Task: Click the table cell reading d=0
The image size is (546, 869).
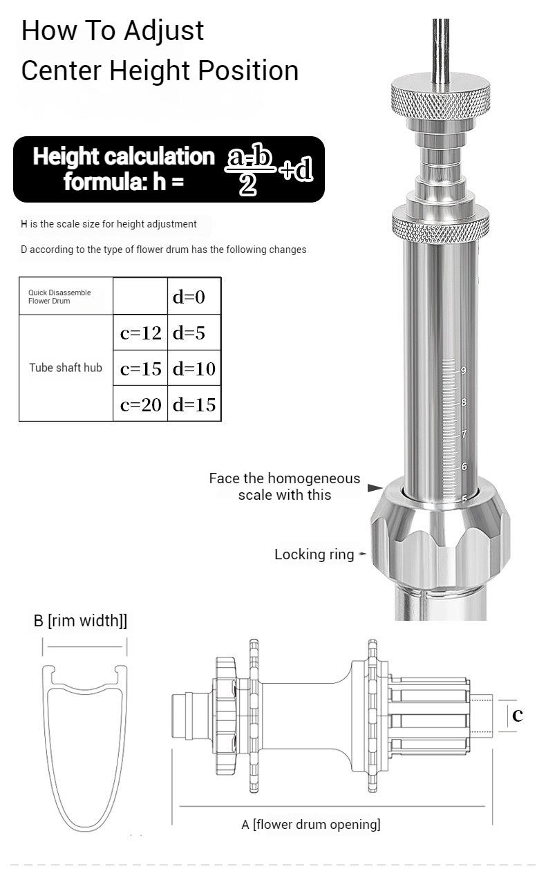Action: click(x=194, y=296)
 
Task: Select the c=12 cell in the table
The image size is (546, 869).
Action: click(x=140, y=333)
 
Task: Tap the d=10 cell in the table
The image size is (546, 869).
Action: click(x=194, y=368)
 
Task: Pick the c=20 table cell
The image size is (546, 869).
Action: click(x=140, y=404)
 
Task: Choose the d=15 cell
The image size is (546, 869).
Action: click(x=194, y=404)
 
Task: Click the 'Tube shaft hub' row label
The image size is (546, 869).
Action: click(x=66, y=367)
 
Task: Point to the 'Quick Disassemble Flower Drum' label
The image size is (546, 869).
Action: click(x=59, y=297)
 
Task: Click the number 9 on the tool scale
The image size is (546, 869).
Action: click(x=463, y=370)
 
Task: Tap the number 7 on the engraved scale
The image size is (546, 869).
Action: click(x=464, y=433)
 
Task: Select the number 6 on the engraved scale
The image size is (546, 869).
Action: click(x=464, y=466)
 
